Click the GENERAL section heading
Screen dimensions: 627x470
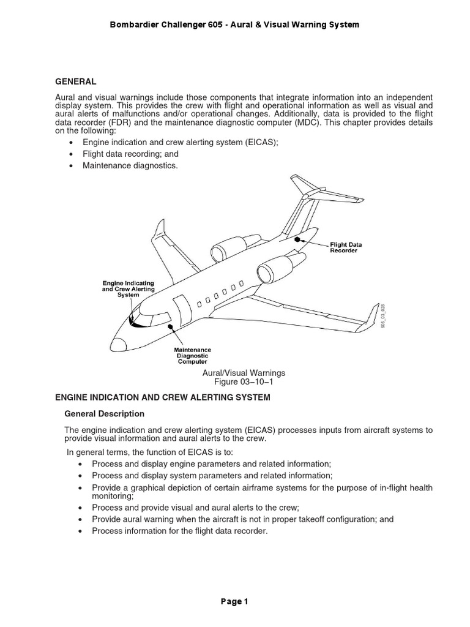click(x=75, y=81)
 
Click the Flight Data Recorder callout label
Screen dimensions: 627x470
click(x=346, y=247)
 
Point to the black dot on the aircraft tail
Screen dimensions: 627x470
click(x=298, y=240)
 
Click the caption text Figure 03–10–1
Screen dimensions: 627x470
click(x=239, y=383)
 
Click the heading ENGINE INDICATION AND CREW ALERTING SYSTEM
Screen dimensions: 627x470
click(x=163, y=397)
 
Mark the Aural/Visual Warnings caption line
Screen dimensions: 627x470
click(x=239, y=373)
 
